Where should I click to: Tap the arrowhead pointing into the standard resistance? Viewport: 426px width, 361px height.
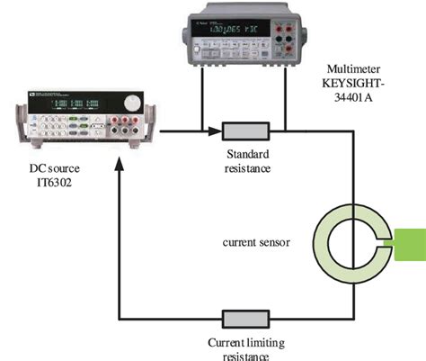coord(217,131)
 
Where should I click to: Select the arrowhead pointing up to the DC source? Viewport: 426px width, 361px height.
coord(119,167)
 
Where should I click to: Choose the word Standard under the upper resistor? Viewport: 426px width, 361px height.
coord(243,154)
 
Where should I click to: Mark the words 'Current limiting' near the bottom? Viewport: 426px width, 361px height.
coord(237,342)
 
